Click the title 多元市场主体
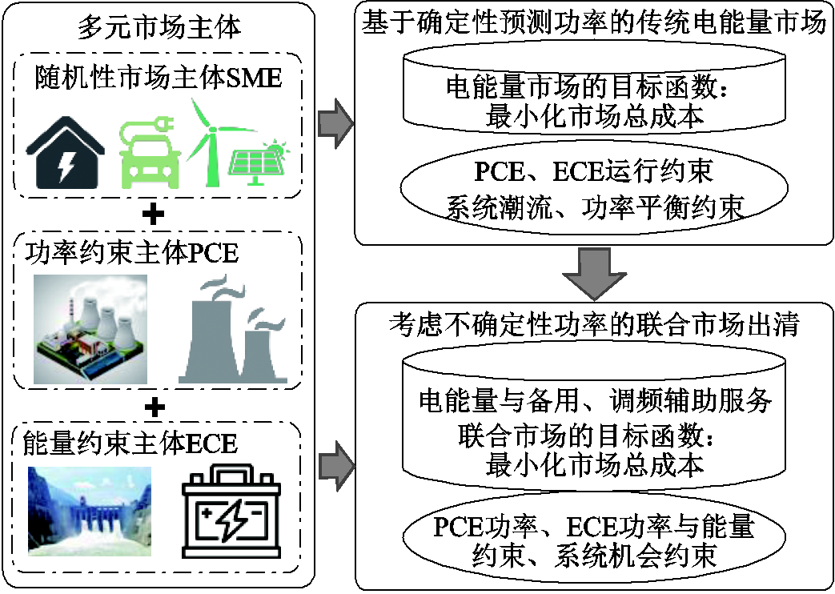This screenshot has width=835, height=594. click(159, 28)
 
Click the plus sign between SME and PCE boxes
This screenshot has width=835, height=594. click(157, 214)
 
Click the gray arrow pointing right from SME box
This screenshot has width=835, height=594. click(335, 122)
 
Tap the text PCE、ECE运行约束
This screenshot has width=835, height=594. click(593, 171)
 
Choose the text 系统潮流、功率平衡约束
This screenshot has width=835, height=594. click(593, 206)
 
